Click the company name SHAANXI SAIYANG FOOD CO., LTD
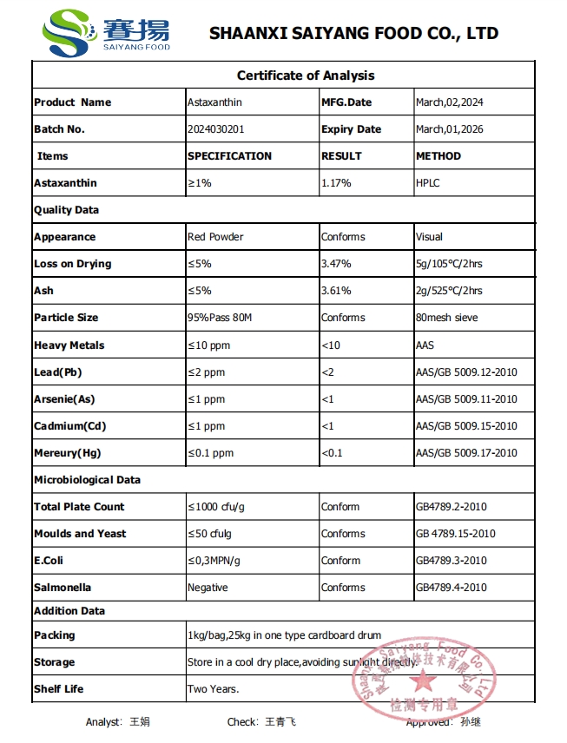[x=353, y=34]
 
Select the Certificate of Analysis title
[x=306, y=76]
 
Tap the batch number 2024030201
[x=216, y=129]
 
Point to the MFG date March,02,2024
[x=449, y=102]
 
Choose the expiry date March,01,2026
[x=449, y=129]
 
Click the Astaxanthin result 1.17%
[x=336, y=183]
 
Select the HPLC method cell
[x=428, y=183]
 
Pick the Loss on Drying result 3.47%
[x=336, y=264]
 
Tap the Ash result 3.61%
[x=336, y=291]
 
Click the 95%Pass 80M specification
[x=220, y=318]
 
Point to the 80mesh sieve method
[x=446, y=318]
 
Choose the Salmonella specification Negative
[x=208, y=588]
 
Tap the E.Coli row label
[x=49, y=561]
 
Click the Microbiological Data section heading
[x=87, y=480]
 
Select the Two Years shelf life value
[x=213, y=689]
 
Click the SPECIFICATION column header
[x=229, y=156]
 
